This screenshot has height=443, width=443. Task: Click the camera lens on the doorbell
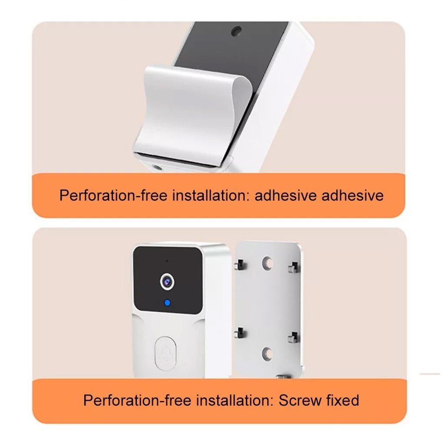coord(167,281)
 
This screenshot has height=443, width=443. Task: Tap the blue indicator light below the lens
coord(167,303)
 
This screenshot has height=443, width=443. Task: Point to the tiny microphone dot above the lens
coord(167,261)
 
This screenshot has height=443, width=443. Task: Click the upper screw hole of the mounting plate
coord(267,263)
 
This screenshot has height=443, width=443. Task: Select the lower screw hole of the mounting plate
coord(267,354)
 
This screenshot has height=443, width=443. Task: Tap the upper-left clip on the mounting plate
coord(240,265)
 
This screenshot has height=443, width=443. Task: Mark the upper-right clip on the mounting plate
coord(294,267)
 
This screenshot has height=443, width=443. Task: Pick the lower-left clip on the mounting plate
coord(240,333)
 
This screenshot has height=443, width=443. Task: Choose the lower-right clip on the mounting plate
coord(294,337)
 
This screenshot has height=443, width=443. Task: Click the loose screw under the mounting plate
coord(283,377)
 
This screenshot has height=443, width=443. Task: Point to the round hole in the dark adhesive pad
coord(236,31)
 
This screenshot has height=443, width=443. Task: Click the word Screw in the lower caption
coord(300,400)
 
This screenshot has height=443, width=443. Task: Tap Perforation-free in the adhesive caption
coord(113,195)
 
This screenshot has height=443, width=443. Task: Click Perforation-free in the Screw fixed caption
coord(137,400)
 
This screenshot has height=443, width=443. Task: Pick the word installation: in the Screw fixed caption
coord(235,400)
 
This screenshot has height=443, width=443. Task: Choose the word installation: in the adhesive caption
coord(212,195)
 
